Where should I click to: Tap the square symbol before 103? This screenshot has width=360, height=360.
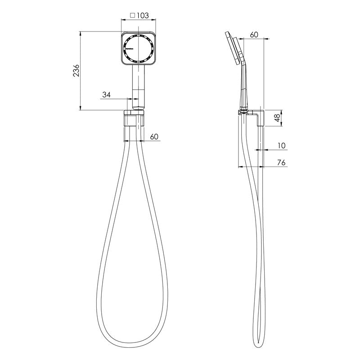click(x=133, y=15)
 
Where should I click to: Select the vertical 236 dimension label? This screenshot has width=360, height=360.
click(x=76, y=71)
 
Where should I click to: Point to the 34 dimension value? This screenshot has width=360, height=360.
click(x=107, y=94)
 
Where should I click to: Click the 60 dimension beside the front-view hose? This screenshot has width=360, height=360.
click(x=154, y=137)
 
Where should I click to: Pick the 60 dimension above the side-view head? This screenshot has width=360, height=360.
click(x=253, y=35)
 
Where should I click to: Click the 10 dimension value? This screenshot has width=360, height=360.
click(x=282, y=145)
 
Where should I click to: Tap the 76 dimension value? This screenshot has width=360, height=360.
click(x=282, y=162)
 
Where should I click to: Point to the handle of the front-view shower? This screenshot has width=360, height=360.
click(x=139, y=83)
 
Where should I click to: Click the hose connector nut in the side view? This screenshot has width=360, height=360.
click(x=244, y=109)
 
